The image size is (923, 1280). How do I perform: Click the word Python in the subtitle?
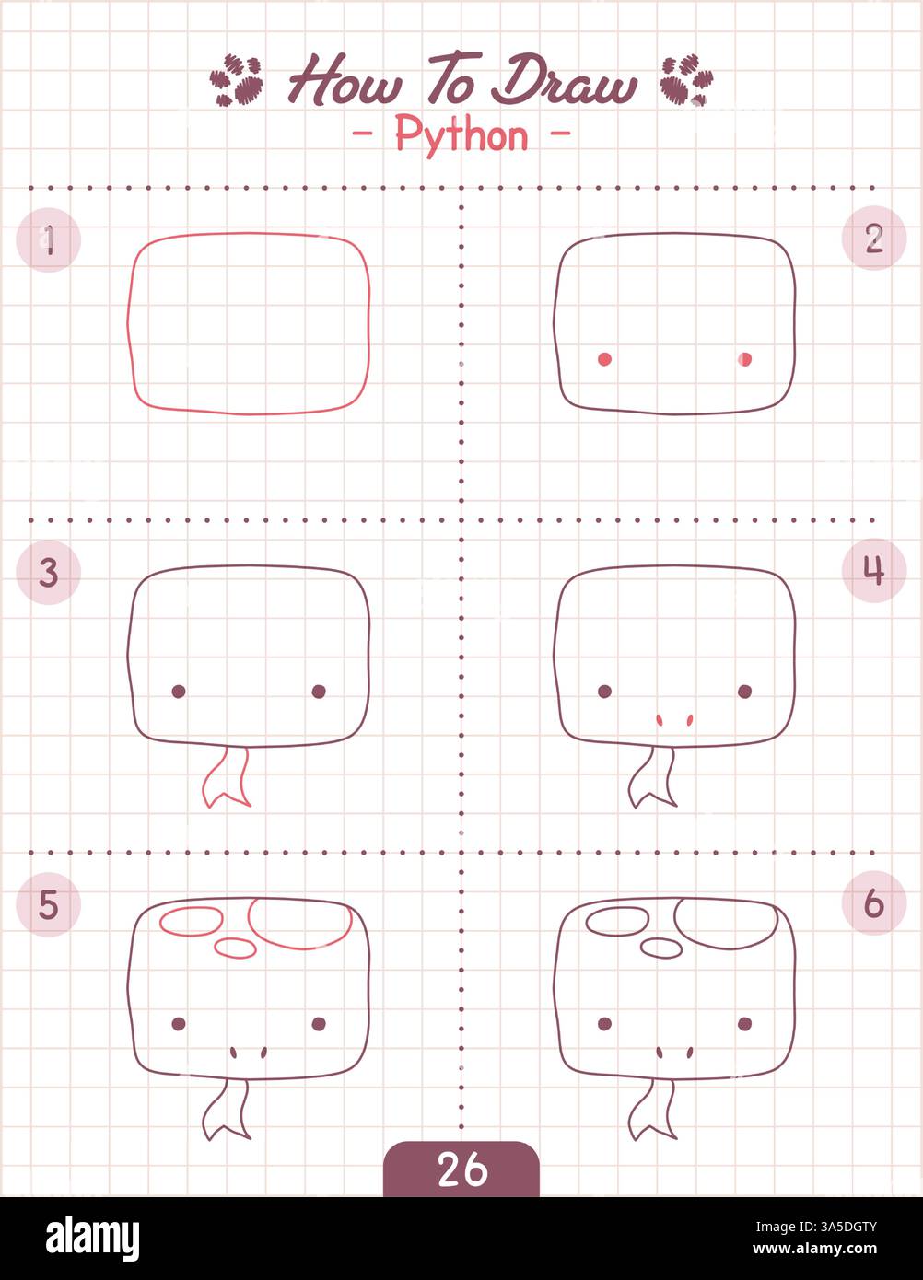pyautogui.click(x=461, y=135)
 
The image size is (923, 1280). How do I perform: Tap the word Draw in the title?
pyautogui.click(x=564, y=82)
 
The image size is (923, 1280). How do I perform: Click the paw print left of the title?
pyautogui.click(x=236, y=81)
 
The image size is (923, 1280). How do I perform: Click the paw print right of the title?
pyautogui.click(x=685, y=81)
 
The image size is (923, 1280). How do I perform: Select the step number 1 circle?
pyautogui.click(x=49, y=240)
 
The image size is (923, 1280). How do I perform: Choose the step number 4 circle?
pyautogui.click(x=873, y=571)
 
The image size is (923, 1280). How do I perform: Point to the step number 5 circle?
pyautogui.click(x=49, y=905)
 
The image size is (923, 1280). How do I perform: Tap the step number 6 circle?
pyautogui.click(x=873, y=903)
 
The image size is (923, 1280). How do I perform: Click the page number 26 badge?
pyautogui.click(x=461, y=1169)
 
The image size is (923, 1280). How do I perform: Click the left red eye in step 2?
pyautogui.click(x=604, y=359)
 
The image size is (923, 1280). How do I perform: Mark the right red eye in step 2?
pyautogui.click(x=745, y=359)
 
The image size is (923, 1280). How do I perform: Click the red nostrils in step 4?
pyautogui.click(x=674, y=719)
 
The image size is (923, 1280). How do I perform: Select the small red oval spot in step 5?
pyautogui.click(x=235, y=946)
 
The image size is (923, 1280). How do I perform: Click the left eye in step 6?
pyautogui.click(x=604, y=1023)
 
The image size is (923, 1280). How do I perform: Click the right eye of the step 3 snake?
pyautogui.click(x=319, y=691)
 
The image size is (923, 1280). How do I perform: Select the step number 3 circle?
pyautogui.click(x=49, y=572)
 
